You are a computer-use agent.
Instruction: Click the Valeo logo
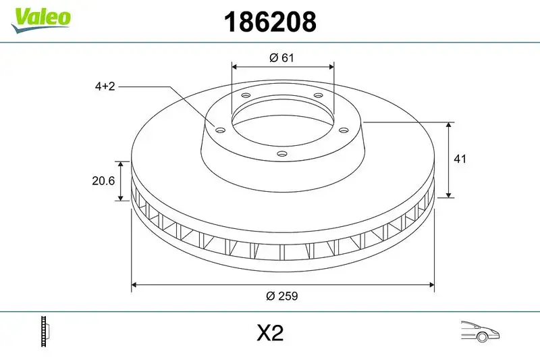pos(40,17)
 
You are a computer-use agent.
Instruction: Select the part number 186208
pos(270,22)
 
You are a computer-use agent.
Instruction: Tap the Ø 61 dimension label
pos(282,58)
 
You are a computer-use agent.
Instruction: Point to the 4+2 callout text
pos(105,86)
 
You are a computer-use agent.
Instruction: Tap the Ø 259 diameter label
pos(282,296)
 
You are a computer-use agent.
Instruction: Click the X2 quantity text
pos(269,333)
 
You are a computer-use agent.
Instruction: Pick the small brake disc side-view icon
pos(46,332)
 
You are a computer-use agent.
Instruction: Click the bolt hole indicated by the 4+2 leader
pos(219,129)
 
